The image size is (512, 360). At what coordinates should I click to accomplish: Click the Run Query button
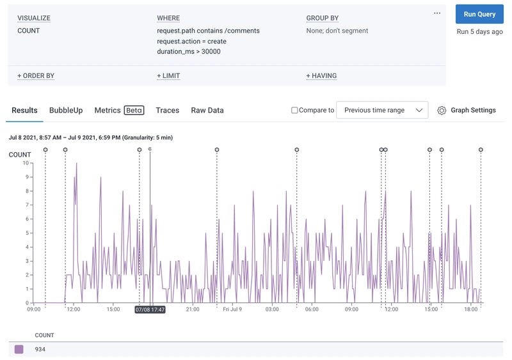[x=479, y=14]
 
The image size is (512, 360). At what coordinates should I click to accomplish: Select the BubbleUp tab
[x=66, y=110]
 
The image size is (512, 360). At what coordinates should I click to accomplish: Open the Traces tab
[x=168, y=110]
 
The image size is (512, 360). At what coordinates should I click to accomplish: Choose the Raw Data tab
[x=207, y=110]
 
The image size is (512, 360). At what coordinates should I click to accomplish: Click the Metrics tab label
[x=108, y=110]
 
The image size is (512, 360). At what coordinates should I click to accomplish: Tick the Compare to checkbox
[x=294, y=110]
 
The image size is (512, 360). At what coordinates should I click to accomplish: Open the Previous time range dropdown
[x=382, y=110]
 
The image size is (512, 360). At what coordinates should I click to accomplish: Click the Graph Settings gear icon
[x=442, y=110]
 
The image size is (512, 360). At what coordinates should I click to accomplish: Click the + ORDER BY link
[x=36, y=75]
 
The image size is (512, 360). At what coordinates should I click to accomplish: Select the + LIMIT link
[x=168, y=75]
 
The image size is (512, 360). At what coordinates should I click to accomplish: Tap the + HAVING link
[x=321, y=75]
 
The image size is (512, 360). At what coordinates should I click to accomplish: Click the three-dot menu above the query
[x=437, y=13]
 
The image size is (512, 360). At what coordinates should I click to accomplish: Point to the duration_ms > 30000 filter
[x=189, y=52]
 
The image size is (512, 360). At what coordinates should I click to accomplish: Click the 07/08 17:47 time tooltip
[x=150, y=309]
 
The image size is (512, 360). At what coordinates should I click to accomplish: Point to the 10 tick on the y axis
[x=26, y=163]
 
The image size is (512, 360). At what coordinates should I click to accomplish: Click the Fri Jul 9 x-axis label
[x=232, y=309]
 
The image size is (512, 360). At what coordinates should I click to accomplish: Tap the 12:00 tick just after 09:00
[x=74, y=309]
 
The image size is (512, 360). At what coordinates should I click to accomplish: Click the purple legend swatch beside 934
[x=19, y=349]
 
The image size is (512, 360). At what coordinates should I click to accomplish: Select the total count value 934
[x=40, y=349]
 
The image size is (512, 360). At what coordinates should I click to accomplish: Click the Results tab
[x=24, y=110]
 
